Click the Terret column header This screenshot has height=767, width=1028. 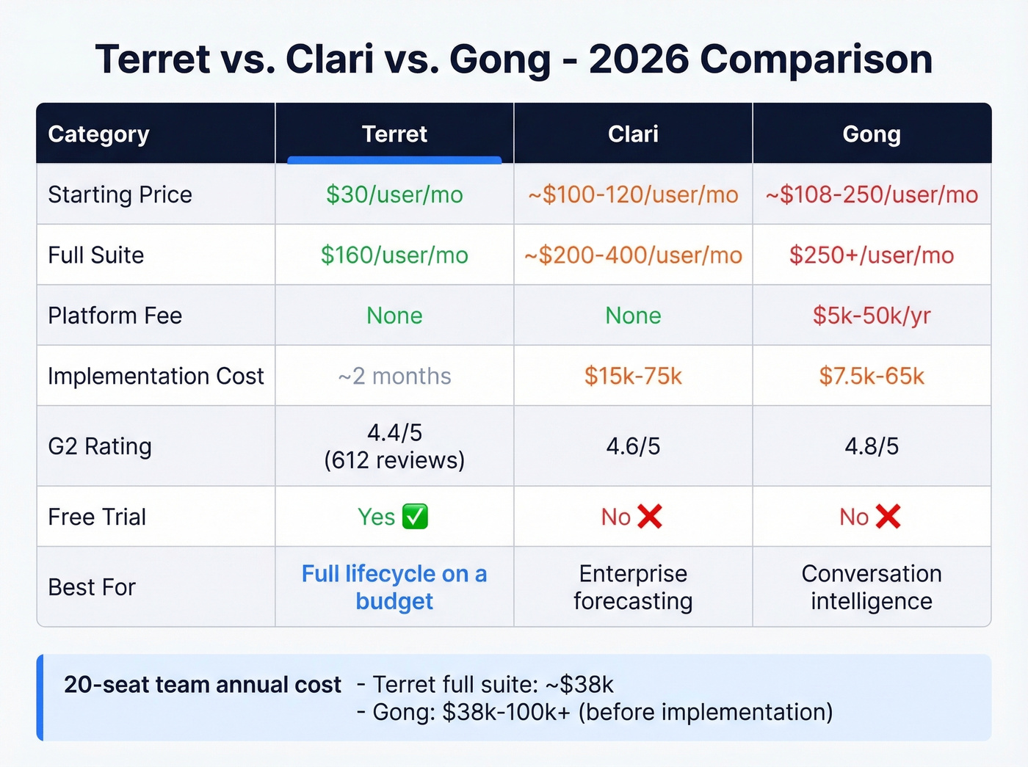click(x=394, y=134)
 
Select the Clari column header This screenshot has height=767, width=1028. click(x=633, y=134)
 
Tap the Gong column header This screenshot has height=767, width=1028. click(x=872, y=134)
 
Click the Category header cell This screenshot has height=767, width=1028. click(x=98, y=134)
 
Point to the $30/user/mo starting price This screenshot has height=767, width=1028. click(x=394, y=195)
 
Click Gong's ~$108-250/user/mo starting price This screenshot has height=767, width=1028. click(x=872, y=195)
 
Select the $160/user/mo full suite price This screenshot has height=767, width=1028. click(x=394, y=255)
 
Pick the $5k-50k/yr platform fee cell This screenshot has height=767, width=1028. click(x=872, y=316)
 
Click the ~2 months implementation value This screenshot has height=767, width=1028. click(x=394, y=376)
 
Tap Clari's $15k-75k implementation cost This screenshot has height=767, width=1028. click(x=633, y=376)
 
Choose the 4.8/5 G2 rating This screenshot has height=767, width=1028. click(x=872, y=446)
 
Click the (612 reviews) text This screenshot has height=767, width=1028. click(x=394, y=460)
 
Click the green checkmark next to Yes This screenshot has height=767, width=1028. click(x=416, y=517)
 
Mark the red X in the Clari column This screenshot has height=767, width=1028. click(x=650, y=517)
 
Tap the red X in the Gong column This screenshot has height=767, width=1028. click(x=888, y=517)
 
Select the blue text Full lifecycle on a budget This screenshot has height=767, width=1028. click(x=394, y=587)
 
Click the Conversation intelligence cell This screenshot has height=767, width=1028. click(x=872, y=587)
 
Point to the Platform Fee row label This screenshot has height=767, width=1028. click(x=115, y=316)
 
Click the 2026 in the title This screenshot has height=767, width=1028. click(x=638, y=59)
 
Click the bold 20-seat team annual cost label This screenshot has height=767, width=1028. click(x=202, y=685)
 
